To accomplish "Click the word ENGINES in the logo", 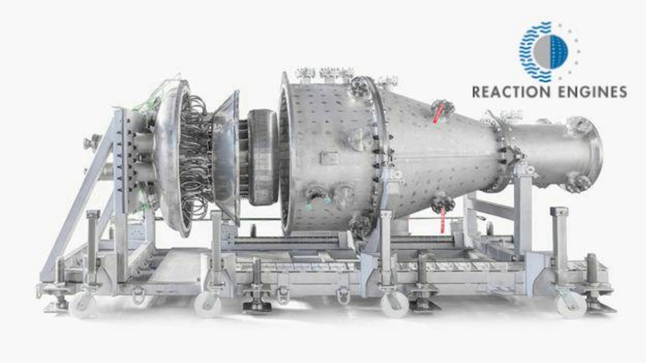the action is coord(593,92).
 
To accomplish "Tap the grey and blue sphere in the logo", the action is coord(551,52).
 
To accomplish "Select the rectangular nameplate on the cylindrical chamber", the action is coord(329,158).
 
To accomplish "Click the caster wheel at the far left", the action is coord(82,306).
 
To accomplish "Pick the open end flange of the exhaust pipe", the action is coord(593,156).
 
